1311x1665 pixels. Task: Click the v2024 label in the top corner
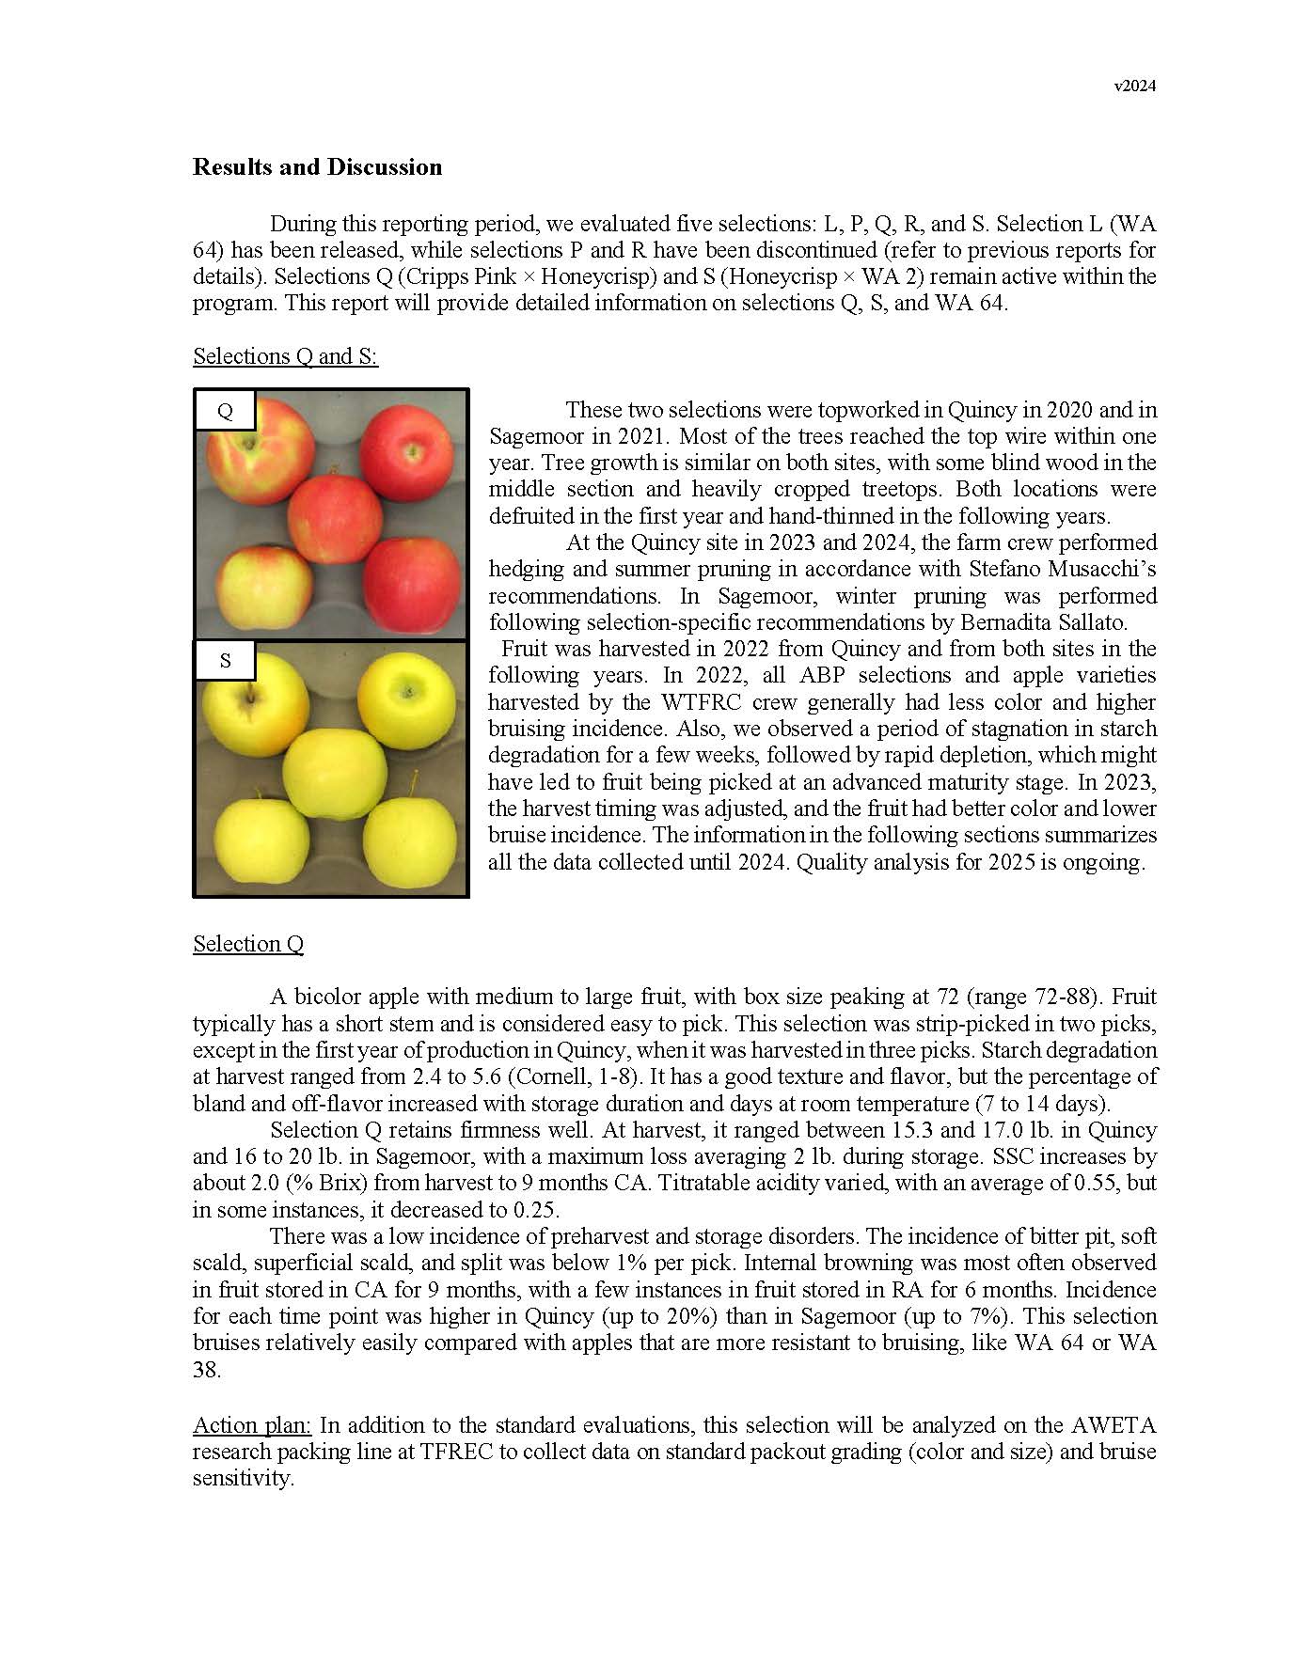pos(1134,86)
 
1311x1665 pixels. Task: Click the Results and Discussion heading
pos(317,167)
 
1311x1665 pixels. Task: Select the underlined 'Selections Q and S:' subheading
pos(285,356)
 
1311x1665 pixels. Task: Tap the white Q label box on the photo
pos(225,411)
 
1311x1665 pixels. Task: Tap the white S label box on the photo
pos(225,660)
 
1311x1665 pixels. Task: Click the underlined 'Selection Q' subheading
pos(248,944)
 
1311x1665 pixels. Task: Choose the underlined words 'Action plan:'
pos(252,1425)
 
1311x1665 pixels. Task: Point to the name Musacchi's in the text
pos(1092,569)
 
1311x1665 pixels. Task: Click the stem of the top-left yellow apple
pos(250,696)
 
